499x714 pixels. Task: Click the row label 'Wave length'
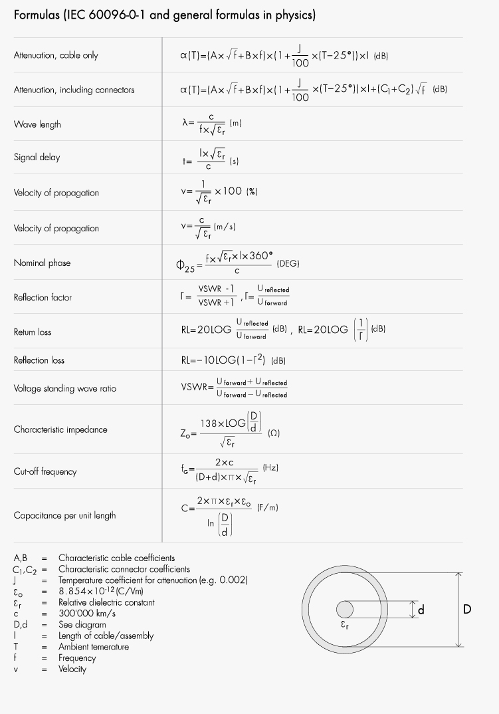37,124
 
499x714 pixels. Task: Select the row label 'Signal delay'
37,158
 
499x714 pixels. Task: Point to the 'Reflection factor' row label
43,297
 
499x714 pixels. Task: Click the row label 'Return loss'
33,332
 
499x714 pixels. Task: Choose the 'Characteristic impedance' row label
60,429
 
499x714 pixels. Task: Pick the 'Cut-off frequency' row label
45,471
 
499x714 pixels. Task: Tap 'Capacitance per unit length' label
64,515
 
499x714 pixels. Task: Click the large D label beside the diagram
467,609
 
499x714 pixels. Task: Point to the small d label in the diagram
421,609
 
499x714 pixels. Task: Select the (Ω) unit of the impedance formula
274,433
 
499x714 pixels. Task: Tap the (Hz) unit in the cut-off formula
270,468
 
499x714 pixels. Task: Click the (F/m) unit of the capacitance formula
268,508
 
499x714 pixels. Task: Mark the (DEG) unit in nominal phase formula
288,264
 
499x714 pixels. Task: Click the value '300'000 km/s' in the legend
86,614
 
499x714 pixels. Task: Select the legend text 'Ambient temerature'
94,647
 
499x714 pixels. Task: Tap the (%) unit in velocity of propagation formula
252,191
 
